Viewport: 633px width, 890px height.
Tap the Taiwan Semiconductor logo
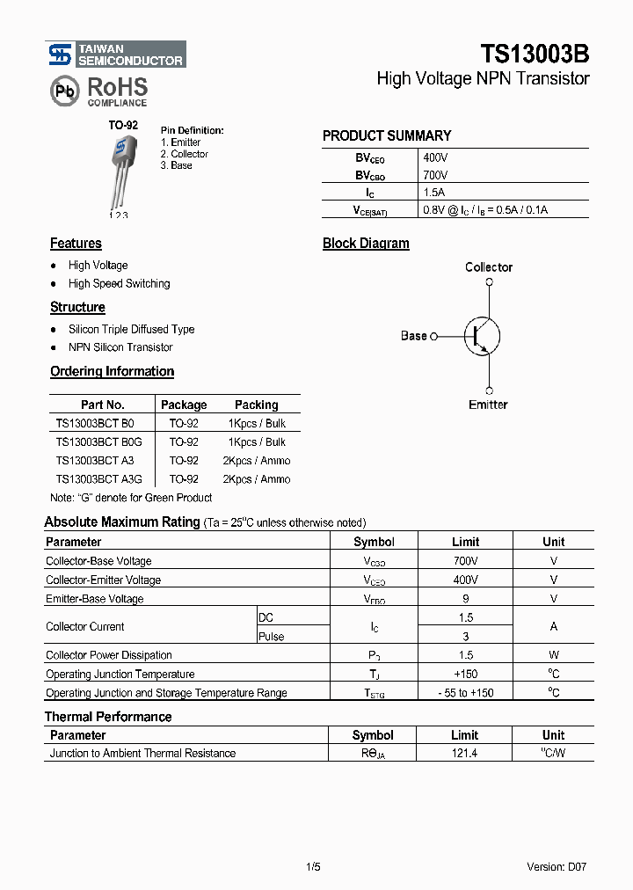point(116,55)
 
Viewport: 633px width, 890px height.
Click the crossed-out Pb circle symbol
point(64,91)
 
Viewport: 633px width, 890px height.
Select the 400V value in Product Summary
point(435,157)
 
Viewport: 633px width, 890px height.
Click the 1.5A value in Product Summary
point(434,192)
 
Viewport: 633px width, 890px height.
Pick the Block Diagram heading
point(366,244)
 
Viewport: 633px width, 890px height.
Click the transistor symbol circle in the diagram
point(483,335)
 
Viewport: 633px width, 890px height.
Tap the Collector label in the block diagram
point(488,267)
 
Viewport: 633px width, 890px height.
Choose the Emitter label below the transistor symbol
point(488,405)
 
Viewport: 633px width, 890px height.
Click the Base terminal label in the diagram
point(414,336)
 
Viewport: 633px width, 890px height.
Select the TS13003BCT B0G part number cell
point(98,441)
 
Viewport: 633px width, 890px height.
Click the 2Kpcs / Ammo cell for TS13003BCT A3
point(256,461)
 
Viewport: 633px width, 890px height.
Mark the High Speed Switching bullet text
point(119,284)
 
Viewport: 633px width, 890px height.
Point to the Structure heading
point(77,308)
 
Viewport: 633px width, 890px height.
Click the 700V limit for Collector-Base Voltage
point(465,561)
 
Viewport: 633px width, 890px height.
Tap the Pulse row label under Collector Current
point(272,637)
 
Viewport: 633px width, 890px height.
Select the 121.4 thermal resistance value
point(464,754)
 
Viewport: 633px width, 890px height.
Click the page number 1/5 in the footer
point(313,867)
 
